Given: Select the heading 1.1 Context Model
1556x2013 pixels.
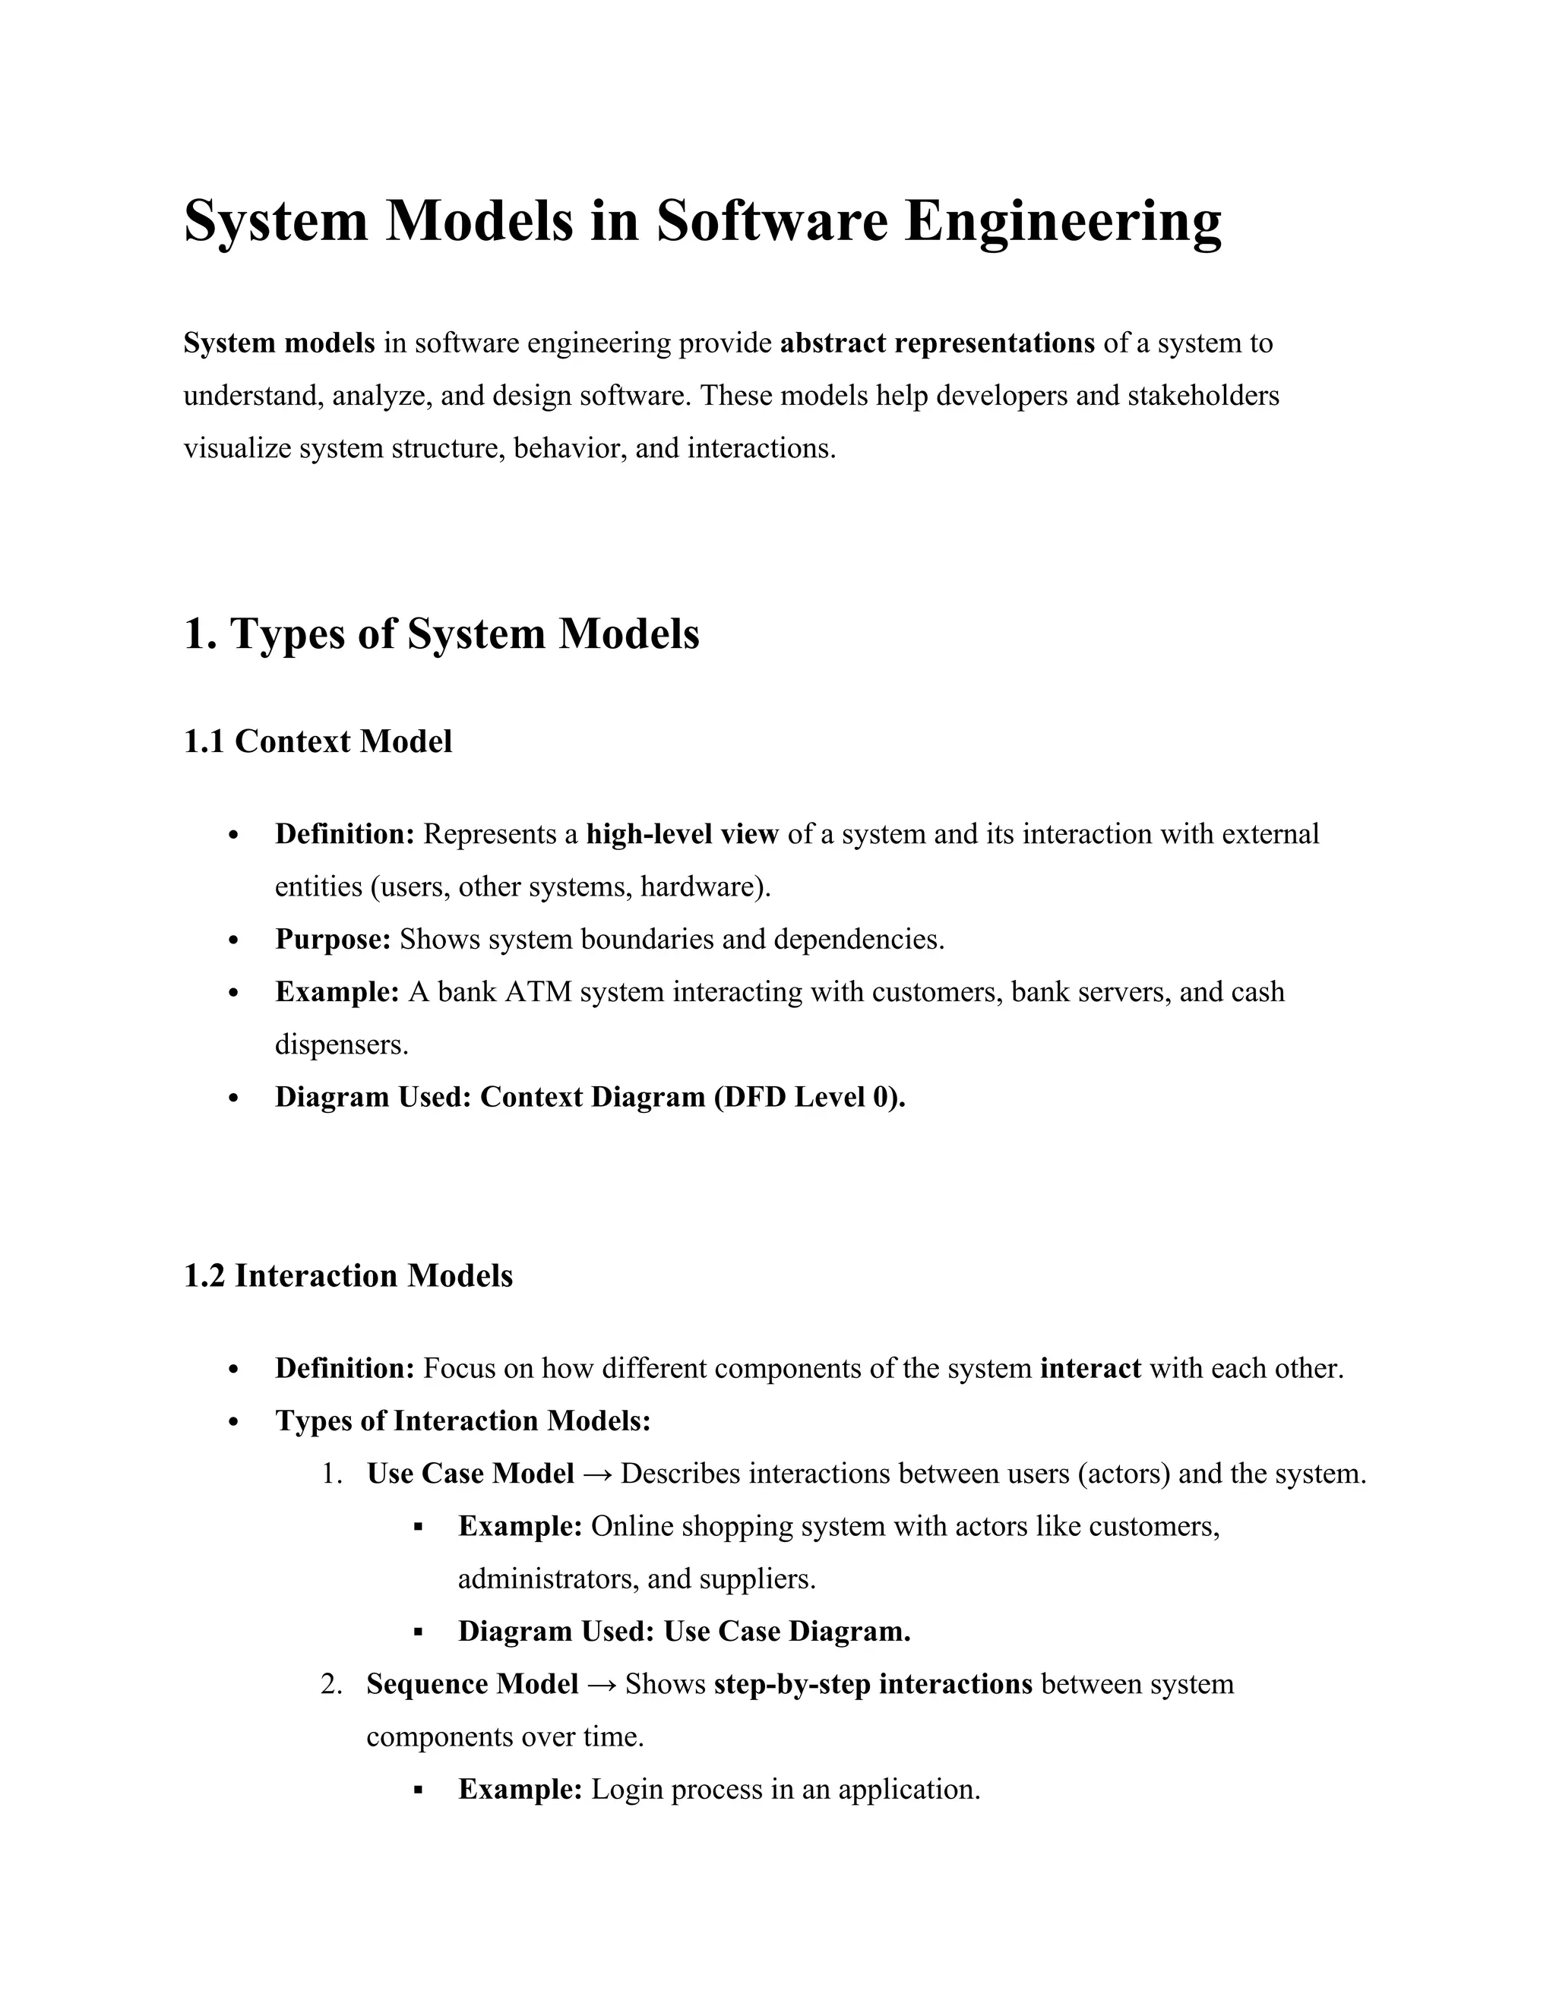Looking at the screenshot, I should [318, 741].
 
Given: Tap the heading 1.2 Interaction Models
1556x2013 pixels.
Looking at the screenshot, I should [349, 1275].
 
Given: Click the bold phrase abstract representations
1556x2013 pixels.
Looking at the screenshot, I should [938, 343].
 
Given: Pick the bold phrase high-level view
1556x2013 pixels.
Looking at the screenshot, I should [682, 834].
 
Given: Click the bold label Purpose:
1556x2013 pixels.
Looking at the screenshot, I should [334, 939].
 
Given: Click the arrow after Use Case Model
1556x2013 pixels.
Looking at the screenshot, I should [597, 1474].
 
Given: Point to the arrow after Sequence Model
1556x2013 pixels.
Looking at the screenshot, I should [602, 1684].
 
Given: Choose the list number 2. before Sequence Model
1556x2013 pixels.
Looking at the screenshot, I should [332, 1684].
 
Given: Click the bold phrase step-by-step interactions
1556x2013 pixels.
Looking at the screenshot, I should [873, 1684].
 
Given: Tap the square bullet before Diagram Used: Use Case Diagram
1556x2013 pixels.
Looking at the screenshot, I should [418, 1632].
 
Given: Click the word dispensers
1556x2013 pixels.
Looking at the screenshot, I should [341, 1044].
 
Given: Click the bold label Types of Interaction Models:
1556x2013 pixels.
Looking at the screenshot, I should [463, 1420].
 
